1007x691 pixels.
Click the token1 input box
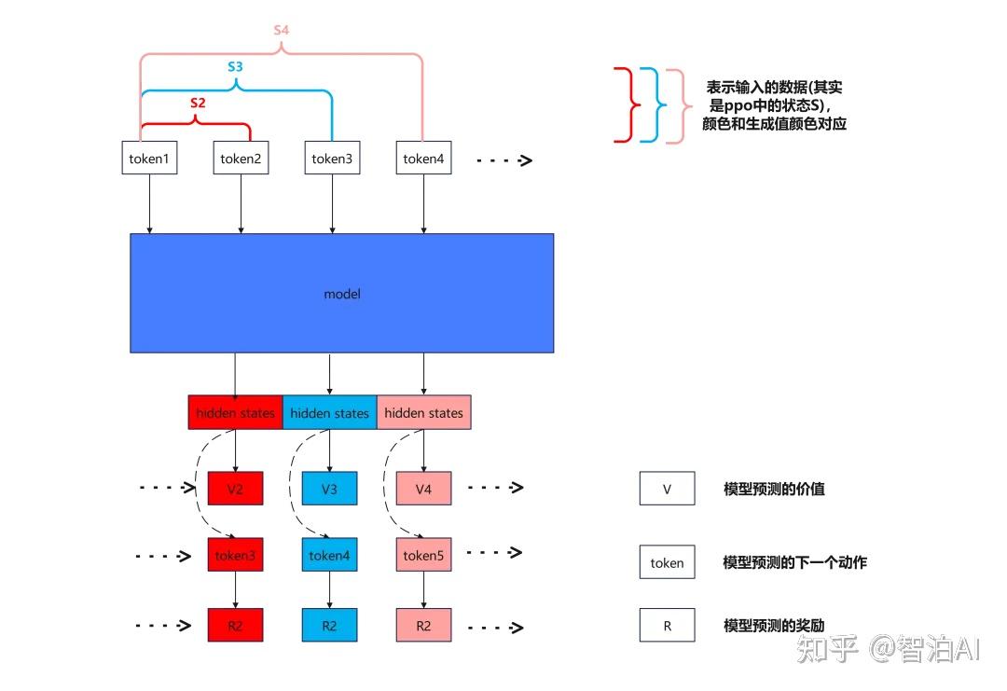(x=149, y=158)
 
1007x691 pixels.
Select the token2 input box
(x=241, y=158)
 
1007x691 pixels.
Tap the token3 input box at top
(x=332, y=158)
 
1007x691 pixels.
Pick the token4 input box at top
(x=423, y=158)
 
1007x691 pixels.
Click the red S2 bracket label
(x=197, y=104)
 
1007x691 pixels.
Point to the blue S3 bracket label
(x=236, y=67)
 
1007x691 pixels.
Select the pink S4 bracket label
(x=281, y=30)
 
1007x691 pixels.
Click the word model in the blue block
(x=341, y=294)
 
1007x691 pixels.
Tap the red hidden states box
(x=235, y=412)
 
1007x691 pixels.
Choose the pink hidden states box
(x=423, y=412)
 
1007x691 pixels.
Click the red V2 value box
(x=235, y=488)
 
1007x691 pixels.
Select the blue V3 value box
(x=329, y=488)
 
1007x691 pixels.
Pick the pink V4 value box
(x=423, y=488)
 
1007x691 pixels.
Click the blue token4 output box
(x=329, y=555)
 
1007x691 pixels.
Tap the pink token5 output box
(x=423, y=555)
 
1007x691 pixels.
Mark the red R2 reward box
(x=235, y=625)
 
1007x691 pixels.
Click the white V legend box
(x=667, y=488)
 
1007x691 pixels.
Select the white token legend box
(x=667, y=562)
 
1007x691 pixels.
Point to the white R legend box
(x=667, y=625)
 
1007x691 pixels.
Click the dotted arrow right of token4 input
(x=504, y=160)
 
